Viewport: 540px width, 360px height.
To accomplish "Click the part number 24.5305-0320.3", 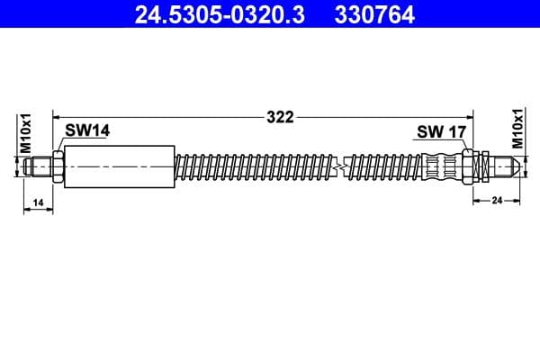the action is tap(220, 14).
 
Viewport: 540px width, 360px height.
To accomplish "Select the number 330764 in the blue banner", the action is tap(374, 14).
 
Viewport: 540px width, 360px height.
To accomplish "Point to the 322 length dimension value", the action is tap(280, 117).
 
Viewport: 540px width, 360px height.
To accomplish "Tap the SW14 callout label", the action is tap(87, 130).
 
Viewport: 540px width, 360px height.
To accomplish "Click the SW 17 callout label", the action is tap(441, 132).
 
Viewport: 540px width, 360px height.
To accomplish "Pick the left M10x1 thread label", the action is tap(26, 133).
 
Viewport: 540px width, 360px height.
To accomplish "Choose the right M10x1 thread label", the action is tap(517, 128).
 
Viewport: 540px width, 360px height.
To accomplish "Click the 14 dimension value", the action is tap(38, 202).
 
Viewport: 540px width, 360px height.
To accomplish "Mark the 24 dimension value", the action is tap(497, 200).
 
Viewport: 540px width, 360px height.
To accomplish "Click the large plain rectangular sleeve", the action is tap(120, 166).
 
